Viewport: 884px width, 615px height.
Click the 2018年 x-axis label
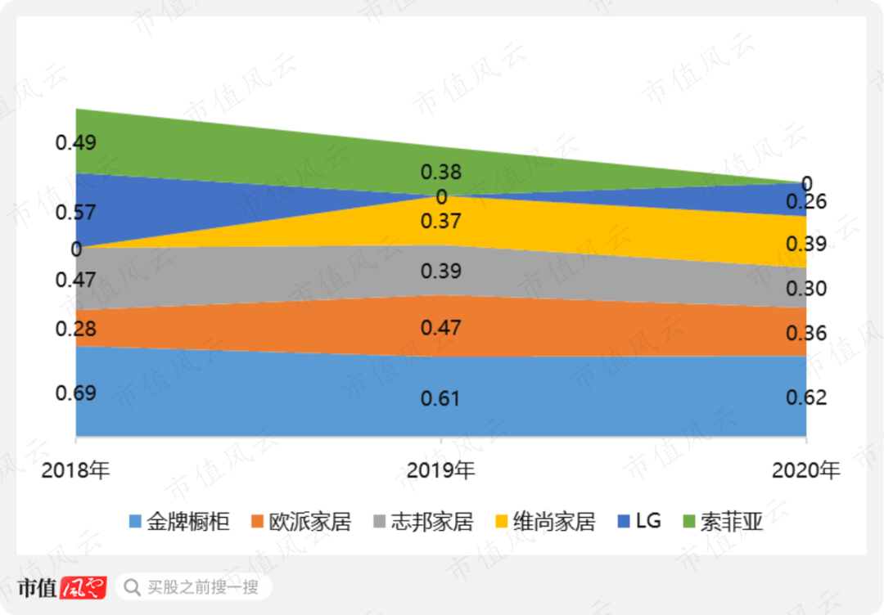pyautogui.click(x=75, y=470)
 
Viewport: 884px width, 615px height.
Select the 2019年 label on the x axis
pyautogui.click(x=441, y=470)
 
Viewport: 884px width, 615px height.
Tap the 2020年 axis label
pyautogui.click(x=806, y=470)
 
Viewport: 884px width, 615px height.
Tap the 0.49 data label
pyautogui.click(x=75, y=142)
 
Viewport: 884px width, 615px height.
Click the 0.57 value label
pyautogui.click(x=75, y=213)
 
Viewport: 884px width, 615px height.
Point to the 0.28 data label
pyautogui.click(x=75, y=329)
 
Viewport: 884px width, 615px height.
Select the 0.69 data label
pyautogui.click(x=75, y=393)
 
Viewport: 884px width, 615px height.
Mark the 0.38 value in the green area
pyautogui.click(x=441, y=172)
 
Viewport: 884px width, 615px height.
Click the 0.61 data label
pyautogui.click(x=441, y=398)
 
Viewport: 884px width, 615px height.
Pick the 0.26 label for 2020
pyautogui.click(x=806, y=201)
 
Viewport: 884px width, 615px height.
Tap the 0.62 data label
pyautogui.click(x=806, y=397)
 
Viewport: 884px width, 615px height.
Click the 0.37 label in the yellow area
pyautogui.click(x=441, y=221)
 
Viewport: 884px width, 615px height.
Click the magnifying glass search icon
pyautogui.click(x=131, y=586)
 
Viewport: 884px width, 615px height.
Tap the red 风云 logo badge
pyautogui.click(x=83, y=587)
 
